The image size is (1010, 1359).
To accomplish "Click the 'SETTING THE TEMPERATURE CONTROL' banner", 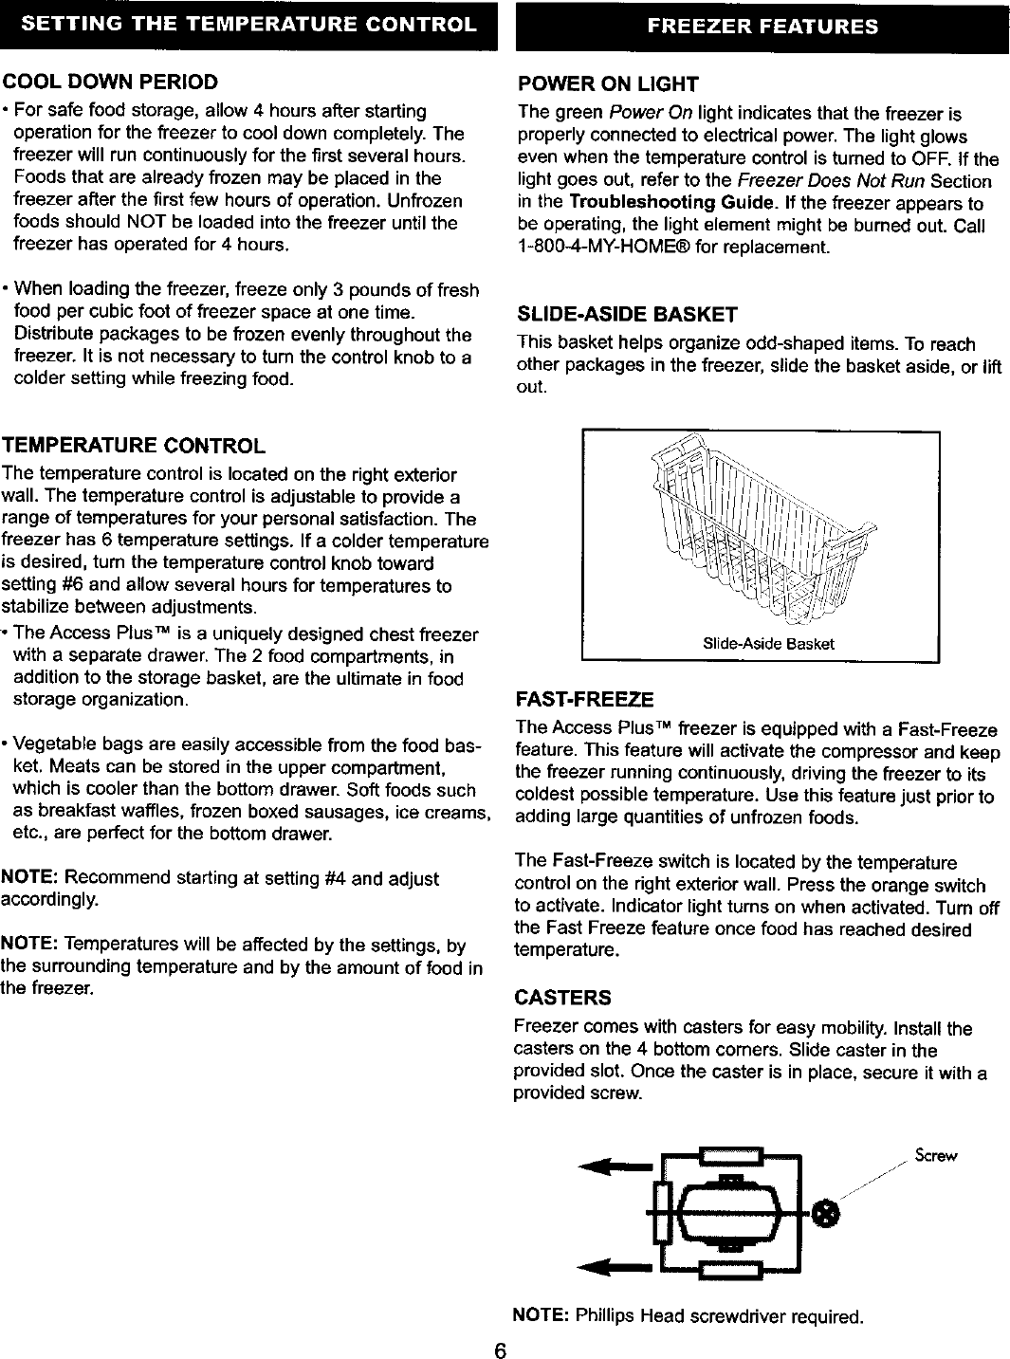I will point(248,25).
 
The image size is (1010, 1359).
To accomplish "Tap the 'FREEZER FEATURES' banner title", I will point(762,27).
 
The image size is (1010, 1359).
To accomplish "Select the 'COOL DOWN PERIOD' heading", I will point(110,82).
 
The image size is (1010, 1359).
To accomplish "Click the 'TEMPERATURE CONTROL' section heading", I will point(134,446).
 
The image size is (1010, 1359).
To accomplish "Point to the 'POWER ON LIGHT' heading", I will point(607,84).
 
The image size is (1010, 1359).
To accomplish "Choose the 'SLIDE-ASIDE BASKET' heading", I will point(626,314).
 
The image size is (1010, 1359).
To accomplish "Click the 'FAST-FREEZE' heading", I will point(583,700).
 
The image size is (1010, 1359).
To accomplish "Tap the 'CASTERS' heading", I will point(562,998).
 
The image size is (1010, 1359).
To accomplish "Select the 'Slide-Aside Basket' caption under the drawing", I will point(768,644).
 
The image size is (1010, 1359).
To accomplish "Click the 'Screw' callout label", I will point(935,1155).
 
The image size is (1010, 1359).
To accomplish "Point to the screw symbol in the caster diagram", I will point(827,1213).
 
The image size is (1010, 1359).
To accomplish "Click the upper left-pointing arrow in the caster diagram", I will point(615,1165).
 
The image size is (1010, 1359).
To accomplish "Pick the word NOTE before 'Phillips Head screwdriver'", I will point(540,1316).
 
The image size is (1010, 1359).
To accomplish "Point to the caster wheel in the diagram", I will point(728,1214).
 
